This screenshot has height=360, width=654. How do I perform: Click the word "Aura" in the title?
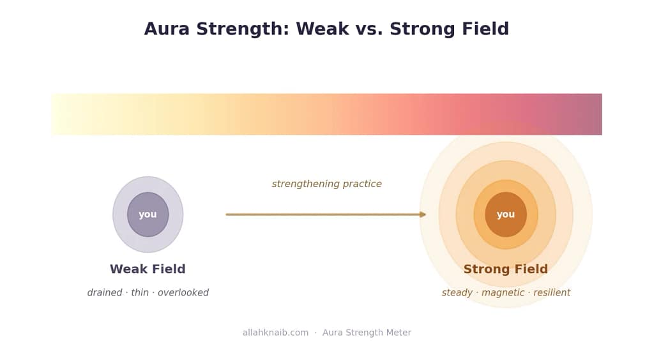click(167, 29)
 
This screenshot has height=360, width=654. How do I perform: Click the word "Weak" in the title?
click(323, 29)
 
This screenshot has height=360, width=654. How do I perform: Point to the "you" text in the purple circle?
click(148, 214)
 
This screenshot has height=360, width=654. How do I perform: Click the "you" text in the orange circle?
click(506, 214)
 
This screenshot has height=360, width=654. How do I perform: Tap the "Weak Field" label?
click(148, 269)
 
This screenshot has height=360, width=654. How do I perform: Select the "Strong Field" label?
click(506, 269)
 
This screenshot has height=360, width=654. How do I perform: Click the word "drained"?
click(105, 292)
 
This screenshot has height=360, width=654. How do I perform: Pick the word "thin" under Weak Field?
click(140, 292)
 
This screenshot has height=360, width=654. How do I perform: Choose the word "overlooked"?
click(183, 292)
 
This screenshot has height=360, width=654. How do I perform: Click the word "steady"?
click(457, 293)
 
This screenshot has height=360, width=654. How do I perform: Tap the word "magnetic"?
click(503, 293)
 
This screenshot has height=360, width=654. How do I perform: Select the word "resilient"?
click(551, 292)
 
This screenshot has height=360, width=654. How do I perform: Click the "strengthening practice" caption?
click(326, 184)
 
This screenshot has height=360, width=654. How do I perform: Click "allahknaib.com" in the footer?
click(275, 333)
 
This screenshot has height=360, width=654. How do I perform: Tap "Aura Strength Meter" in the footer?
click(367, 333)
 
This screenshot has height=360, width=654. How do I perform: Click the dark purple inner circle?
click(148, 214)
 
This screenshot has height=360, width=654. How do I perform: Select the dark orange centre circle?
click(506, 214)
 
